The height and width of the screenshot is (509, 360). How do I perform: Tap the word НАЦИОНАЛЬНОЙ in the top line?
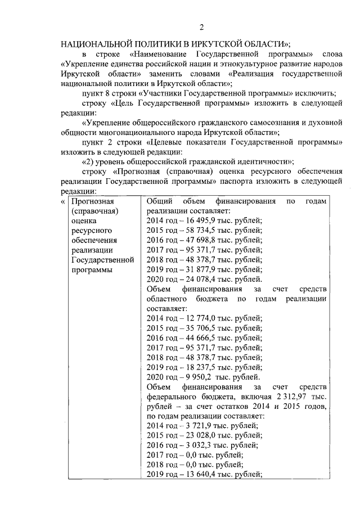(x=97, y=43)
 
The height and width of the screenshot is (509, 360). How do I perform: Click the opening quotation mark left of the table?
(x=62, y=201)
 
